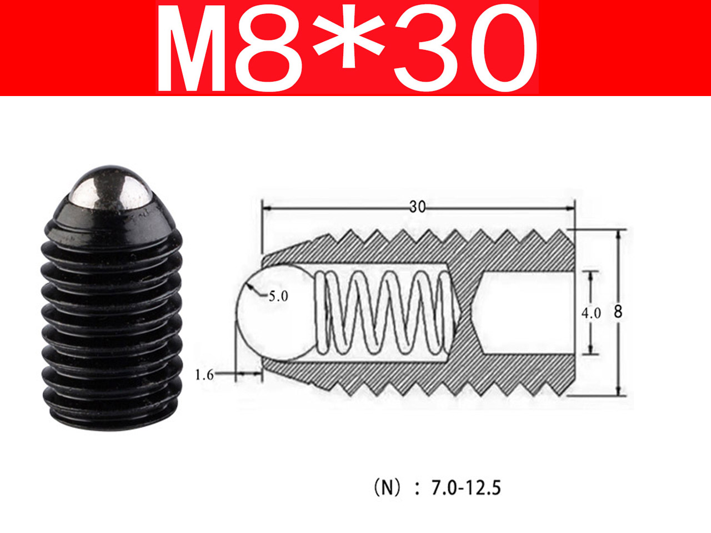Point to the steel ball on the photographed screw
pos(111,189)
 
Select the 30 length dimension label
pos(417,207)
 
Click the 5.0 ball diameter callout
pos(278,296)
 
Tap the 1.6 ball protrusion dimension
pos(204,375)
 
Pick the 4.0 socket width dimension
pos(591,313)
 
